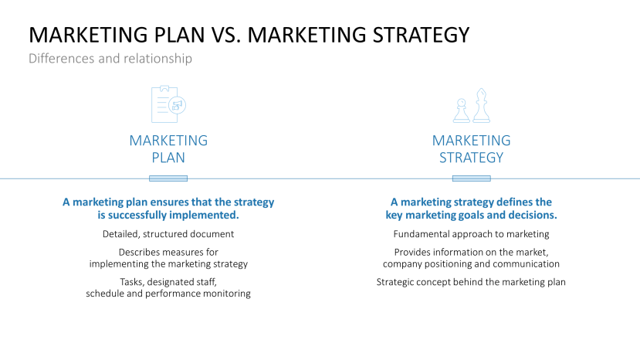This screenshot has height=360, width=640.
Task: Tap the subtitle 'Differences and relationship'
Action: click(x=110, y=59)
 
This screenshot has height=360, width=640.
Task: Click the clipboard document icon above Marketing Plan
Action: click(x=168, y=104)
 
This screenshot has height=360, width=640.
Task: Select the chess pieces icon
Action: click(x=471, y=106)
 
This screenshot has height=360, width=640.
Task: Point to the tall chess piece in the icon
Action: click(x=482, y=105)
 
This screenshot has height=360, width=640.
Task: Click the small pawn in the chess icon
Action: click(x=461, y=110)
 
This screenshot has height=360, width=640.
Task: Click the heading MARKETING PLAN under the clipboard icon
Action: click(x=168, y=149)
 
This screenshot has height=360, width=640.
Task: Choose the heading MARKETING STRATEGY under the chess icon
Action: click(x=471, y=149)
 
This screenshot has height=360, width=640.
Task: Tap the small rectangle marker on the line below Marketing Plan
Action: click(x=168, y=178)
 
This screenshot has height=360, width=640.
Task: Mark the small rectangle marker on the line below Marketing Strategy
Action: click(x=471, y=178)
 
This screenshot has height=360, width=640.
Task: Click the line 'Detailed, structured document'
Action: click(x=168, y=234)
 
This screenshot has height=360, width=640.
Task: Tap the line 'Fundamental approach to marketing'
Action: click(x=471, y=234)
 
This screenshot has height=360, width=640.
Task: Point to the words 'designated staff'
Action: click(x=186, y=282)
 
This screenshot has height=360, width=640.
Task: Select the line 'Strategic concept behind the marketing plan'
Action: click(x=471, y=282)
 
